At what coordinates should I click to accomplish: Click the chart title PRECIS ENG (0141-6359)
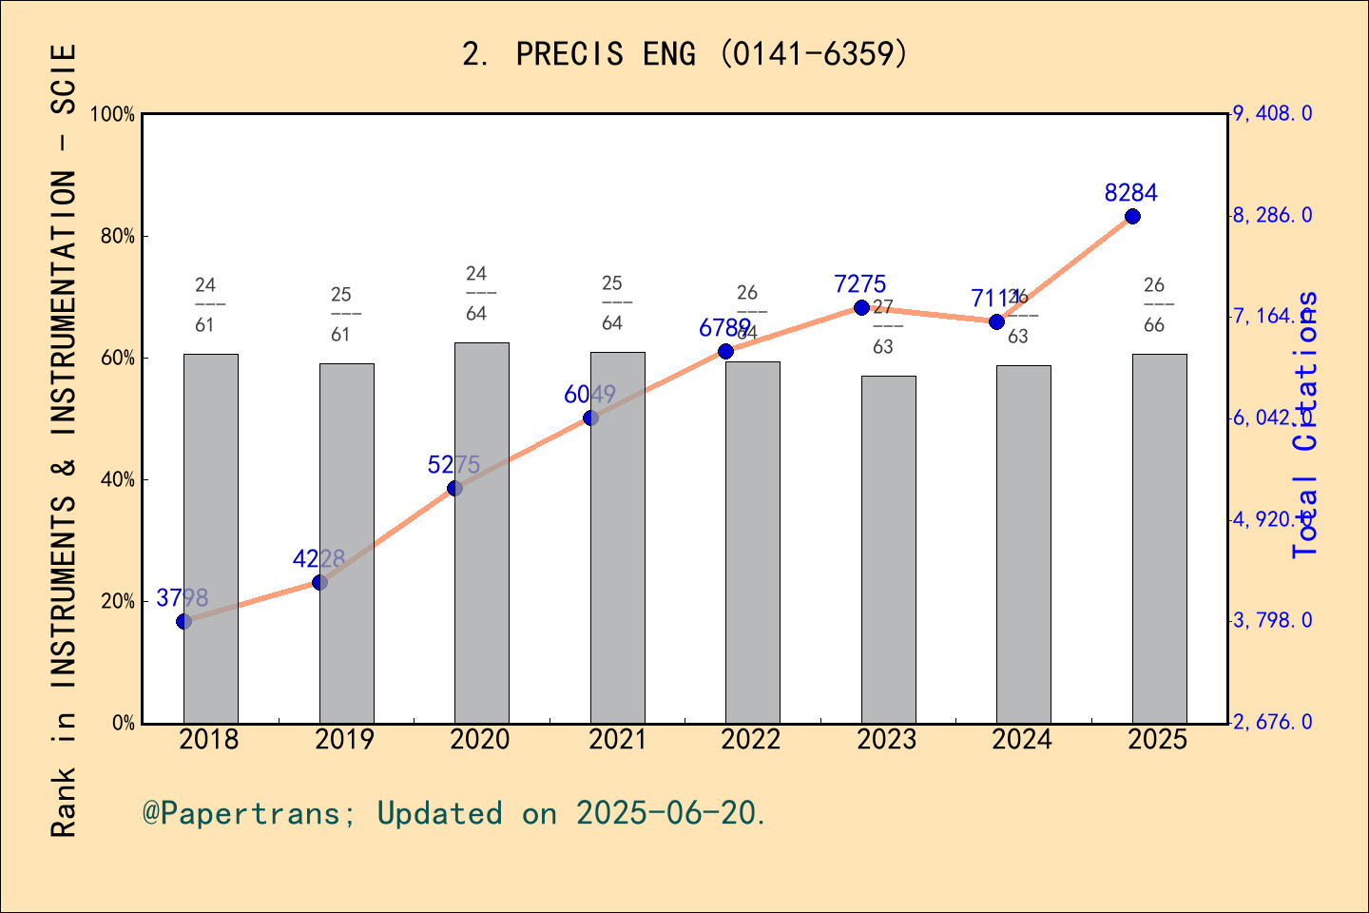click(684, 53)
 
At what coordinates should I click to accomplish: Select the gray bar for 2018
click(211, 538)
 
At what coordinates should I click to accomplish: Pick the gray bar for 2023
click(889, 550)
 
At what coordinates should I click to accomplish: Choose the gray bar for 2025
click(1159, 538)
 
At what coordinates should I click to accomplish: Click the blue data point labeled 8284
click(1132, 217)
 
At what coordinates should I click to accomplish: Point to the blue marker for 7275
click(861, 307)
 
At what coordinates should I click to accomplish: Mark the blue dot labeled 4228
click(319, 582)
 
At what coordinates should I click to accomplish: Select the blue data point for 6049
click(590, 418)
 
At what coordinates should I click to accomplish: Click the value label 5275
click(453, 465)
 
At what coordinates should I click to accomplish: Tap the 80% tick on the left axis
click(118, 237)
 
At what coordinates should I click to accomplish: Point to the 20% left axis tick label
click(118, 602)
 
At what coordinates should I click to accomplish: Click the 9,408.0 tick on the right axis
click(1272, 114)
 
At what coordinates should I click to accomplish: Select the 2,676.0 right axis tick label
click(1272, 723)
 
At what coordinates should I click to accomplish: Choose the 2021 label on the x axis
click(617, 740)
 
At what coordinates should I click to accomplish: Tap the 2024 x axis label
click(1022, 740)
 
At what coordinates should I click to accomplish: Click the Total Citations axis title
click(1306, 423)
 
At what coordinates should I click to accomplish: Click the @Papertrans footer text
click(454, 814)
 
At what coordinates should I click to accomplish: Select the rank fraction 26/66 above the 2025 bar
click(1154, 304)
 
